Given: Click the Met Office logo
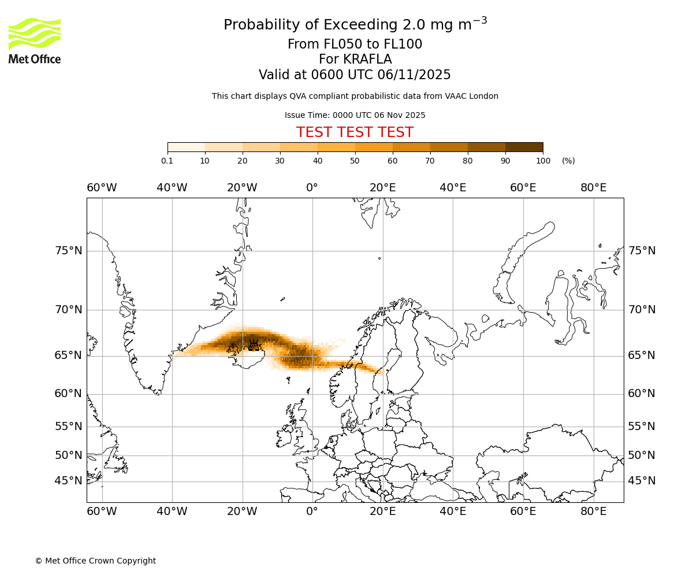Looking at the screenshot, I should [35, 40].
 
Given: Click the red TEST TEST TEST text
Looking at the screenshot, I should [355, 132].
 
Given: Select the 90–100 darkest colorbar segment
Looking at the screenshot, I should [524, 147].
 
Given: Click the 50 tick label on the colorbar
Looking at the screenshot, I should [355, 161].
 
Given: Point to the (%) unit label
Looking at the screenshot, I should [568, 161].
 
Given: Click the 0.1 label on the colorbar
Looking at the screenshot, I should [167, 161].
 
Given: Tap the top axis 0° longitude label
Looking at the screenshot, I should [312, 188].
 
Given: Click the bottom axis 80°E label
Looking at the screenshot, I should [593, 512].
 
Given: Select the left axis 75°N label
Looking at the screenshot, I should [69, 251].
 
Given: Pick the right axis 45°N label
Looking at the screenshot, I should [642, 481].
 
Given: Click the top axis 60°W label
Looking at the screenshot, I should [102, 188].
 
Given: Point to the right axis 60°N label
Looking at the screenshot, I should [642, 394].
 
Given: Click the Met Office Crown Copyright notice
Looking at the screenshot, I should [95, 561].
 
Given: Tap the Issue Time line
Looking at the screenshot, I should [355, 115].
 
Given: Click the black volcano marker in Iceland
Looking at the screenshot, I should [254, 345].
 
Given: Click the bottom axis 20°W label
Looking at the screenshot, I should [242, 512].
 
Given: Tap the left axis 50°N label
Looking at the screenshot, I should [69, 455].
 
